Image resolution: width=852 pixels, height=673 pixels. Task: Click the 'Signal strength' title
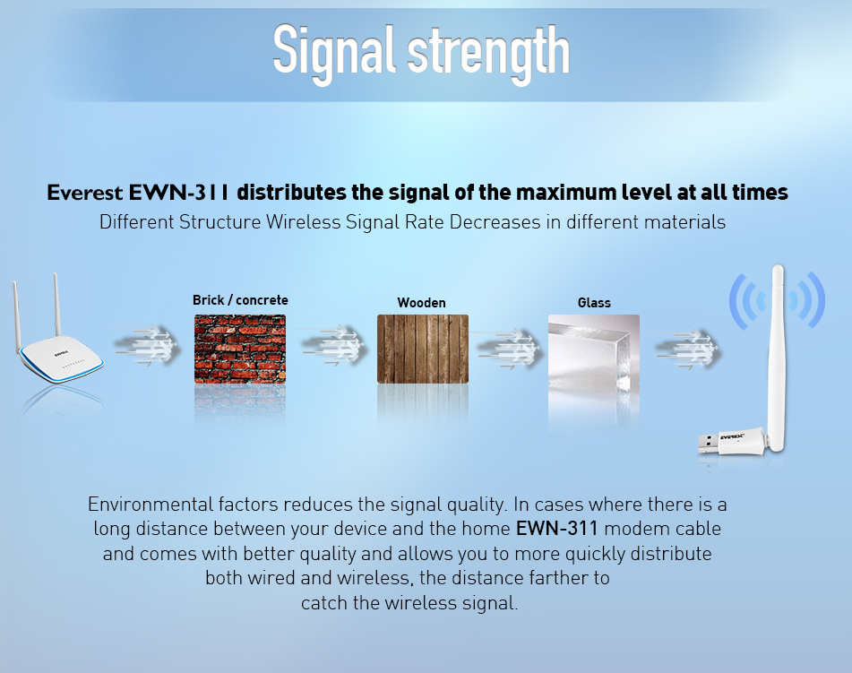(x=421, y=53)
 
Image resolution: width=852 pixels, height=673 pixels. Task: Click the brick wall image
(x=240, y=349)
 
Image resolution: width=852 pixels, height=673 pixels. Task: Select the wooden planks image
(x=423, y=349)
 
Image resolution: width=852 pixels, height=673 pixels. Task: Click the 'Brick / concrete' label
(x=240, y=300)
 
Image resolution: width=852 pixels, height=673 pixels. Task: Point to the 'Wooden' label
(x=422, y=303)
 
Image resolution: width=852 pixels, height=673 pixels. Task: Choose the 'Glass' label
(x=594, y=303)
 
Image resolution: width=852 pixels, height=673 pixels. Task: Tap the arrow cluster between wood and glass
(x=507, y=349)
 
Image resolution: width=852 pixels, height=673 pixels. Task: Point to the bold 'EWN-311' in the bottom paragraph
(x=556, y=529)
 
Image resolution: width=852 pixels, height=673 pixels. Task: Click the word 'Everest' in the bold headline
(x=85, y=193)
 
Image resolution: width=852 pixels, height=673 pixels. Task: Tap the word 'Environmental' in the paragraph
(x=151, y=505)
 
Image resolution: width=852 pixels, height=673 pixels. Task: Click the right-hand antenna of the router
(x=56, y=306)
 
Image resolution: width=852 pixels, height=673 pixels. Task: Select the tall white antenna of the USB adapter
(x=778, y=358)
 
